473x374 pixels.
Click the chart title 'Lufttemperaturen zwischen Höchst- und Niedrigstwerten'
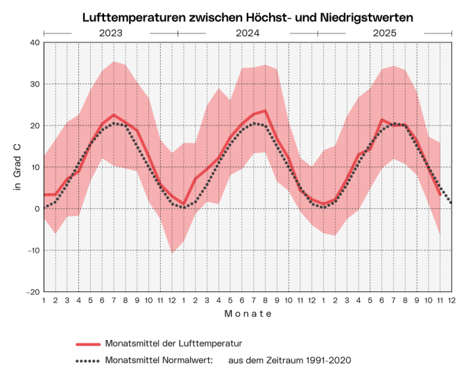click(x=248, y=16)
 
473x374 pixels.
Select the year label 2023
click(x=111, y=33)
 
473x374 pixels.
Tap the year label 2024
click(x=248, y=33)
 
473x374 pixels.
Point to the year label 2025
click(x=384, y=33)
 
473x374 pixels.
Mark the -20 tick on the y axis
click(x=32, y=292)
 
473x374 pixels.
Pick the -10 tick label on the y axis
click(x=32, y=250)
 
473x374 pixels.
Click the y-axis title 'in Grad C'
click(x=18, y=167)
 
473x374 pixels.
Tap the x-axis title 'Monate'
click(x=248, y=314)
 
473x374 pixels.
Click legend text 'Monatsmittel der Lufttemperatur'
click(x=173, y=343)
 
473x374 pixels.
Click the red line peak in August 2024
click(x=266, y=110)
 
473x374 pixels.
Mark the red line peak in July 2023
click(x=114, y=114)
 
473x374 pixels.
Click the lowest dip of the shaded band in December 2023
click(x=172, y=253)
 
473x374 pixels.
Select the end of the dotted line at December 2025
click(x=452, y=202)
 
